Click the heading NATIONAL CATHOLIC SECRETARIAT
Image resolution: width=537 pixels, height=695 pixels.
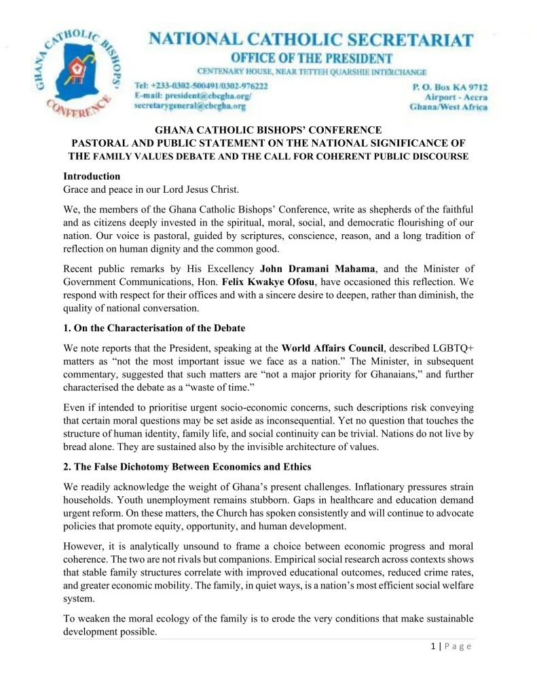[x=311, y=39]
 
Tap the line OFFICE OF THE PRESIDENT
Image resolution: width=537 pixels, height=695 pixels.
[x=312, y=58]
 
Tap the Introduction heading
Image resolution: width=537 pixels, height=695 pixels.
[x=92, y=176]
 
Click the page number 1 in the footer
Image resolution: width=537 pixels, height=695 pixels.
[x=433, y=646]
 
